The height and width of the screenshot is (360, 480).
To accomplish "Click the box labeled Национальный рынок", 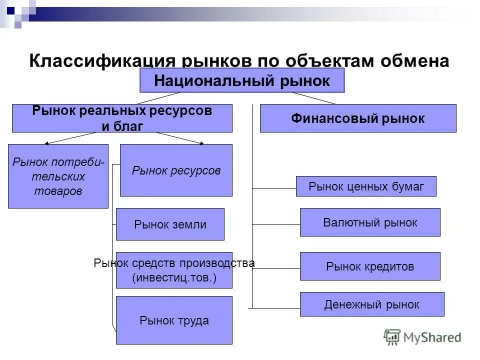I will click(x=242, y=81).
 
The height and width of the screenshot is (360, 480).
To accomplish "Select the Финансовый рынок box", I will click(x=358, y=118).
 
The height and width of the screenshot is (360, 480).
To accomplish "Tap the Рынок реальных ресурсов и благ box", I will click(x=122, y=118).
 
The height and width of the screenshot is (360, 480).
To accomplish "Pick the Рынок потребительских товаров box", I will click(x=58, y=176).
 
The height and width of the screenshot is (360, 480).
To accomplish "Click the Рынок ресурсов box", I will click(x=176, y=170).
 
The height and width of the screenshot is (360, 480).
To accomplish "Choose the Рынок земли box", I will click(x=170, y=224).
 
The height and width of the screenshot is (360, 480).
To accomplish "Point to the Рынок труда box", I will click(x=174, y=320).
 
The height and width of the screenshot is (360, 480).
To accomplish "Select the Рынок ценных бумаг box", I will click(x=366, y=186).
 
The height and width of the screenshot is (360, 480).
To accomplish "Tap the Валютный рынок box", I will click(x=370, y=222).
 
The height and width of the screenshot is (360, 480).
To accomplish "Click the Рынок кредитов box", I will click(x=370, y=266).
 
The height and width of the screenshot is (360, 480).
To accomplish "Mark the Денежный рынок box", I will click(x=372, y=304).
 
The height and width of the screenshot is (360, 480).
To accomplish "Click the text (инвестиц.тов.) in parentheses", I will click(x=174, y=278).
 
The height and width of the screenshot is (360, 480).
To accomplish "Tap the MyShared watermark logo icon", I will click(x=392, y=337).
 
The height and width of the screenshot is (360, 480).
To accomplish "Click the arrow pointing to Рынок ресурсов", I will click(x=180, y=138).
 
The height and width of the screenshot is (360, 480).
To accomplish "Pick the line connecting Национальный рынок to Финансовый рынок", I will click(x=313, y=98).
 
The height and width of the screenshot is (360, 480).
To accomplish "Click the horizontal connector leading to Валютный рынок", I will click(x=276, y=224).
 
